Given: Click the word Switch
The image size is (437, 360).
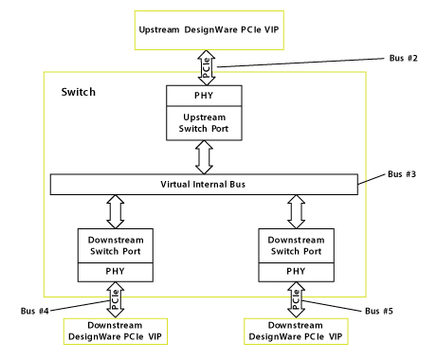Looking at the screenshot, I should [x=79, y=93].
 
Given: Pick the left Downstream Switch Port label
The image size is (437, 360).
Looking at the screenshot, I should [x=115, y=245].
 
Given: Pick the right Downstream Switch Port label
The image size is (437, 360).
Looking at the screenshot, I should [x=296, y=245].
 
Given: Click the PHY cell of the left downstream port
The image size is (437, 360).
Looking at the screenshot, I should [x=115, y=272].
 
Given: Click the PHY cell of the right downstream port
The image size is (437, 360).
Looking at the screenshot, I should [x=296, y=272].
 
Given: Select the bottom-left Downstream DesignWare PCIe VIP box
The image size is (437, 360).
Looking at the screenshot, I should [x=115, y=331].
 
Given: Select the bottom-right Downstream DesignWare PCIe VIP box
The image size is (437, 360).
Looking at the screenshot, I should [x=296, y=331].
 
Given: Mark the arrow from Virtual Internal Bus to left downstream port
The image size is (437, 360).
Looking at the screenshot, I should [x=115, y=211].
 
